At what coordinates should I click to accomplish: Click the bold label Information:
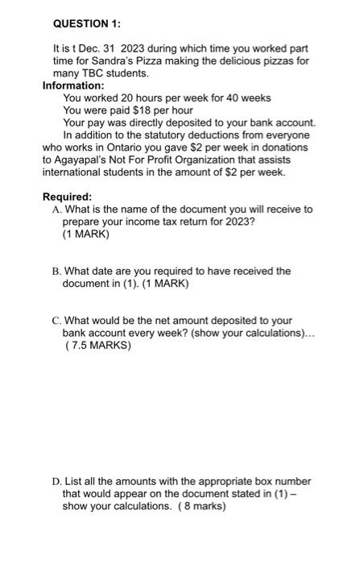(73, 85)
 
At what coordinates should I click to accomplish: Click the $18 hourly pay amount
(143, 110)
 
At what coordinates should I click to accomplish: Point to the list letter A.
(56, 209)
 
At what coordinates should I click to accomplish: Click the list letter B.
(56, 272)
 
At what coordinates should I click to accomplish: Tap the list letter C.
(56, 321)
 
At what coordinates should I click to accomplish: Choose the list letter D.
(56, 482)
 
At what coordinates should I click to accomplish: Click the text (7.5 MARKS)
(97, 346)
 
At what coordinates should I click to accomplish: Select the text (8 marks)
(200, 506)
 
